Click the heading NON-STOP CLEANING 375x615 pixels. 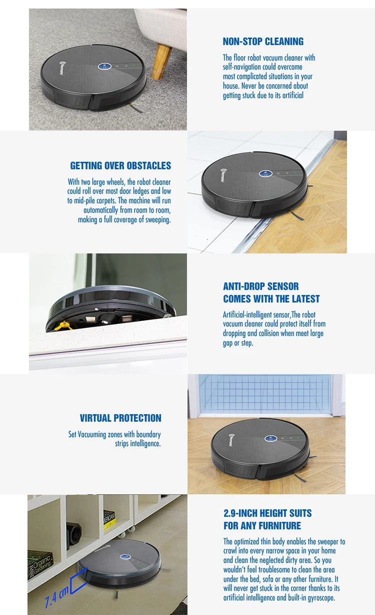(x=263, y=42)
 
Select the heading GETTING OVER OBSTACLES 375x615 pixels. (x=120, y=166)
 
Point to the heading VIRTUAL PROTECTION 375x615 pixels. (x=120, y=418)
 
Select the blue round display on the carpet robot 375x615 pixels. (x=104, y=67)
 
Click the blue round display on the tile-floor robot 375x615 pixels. (x=265, y=174)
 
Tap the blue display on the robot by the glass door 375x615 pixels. (x=271, y=438)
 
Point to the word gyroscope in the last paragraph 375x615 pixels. (x=318, y=597)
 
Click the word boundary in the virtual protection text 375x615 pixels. (x=148, y=435)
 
